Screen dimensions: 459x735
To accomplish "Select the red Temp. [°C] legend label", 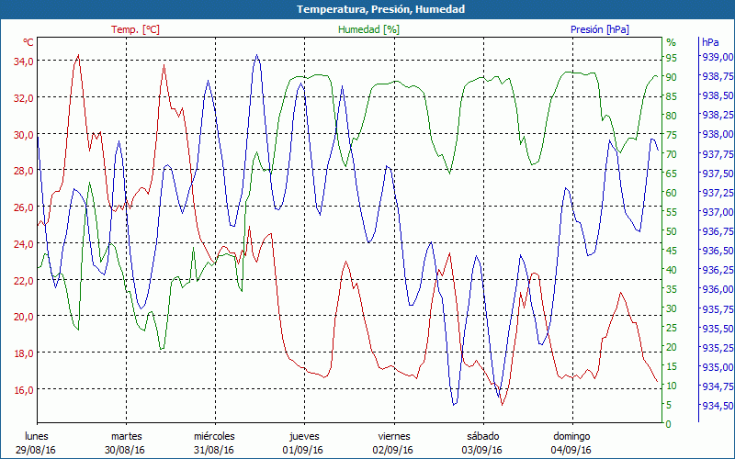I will (x=135, y=29).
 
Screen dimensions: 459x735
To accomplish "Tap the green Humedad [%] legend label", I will (x=369, y=29).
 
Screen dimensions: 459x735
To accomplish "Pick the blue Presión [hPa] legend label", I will (x=599, y=29).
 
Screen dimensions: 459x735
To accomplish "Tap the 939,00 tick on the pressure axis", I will (x=716, y=57).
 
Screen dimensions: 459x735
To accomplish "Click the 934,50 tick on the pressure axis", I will (x=716, y=406).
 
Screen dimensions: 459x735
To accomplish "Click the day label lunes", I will (x=37, y=436).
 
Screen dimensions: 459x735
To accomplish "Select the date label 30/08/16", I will (x=125, y=450).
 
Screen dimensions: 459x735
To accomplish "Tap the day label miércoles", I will (x=214, y=436).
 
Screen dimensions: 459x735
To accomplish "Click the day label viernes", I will (x=394, y=436).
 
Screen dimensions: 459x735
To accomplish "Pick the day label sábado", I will (x=482, y=436).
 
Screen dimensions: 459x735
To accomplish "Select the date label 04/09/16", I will (x=571, y=450).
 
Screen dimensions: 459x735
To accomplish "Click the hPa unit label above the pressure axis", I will (x=711, y=42).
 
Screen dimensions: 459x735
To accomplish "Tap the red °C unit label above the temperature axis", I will (x=28, y=42).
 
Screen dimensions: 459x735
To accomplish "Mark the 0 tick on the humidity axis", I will (x=670, y=424).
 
